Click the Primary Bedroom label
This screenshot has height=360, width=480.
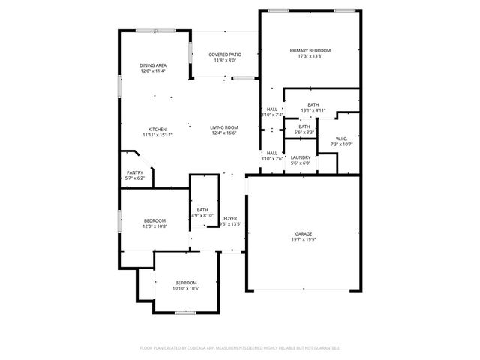[310, 50]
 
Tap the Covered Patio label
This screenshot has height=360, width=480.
[225, 55]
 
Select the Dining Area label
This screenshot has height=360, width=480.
[153, 65]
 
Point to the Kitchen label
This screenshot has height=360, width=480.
[157, 129]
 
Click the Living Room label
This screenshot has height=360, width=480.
[224, 128]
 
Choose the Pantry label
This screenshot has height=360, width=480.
[135, 172]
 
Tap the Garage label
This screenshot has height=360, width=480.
[303, 233]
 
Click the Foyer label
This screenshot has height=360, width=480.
[230, 218]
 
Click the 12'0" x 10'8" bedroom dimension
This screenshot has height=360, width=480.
[155, 226]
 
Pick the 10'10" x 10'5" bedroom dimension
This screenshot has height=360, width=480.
[185, 288]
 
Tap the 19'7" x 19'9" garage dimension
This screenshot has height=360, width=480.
[303, 240]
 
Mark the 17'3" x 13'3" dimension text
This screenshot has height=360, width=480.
[310, 56]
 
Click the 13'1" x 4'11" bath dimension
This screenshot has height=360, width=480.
[313, 110]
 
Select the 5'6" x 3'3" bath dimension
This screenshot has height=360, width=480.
[304, 133]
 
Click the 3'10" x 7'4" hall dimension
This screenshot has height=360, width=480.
[271, 115]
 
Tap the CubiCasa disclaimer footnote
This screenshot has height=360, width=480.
[240, 348]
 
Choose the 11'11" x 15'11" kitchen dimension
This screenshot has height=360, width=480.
[157, 135]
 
